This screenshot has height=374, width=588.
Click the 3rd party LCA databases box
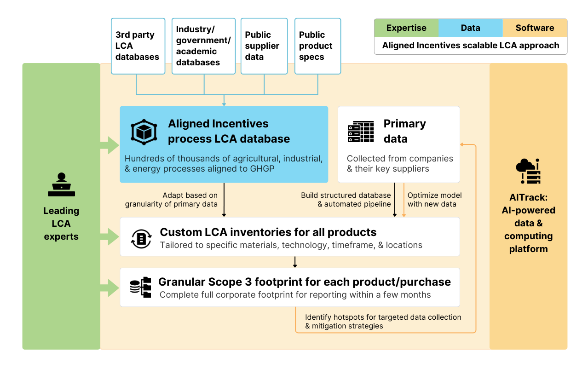(x=138, y=46)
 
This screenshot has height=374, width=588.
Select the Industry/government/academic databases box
(x=203, y=46)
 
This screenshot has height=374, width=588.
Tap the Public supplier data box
(x=264, y=46)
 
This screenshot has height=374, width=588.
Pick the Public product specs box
(x=317, y=46)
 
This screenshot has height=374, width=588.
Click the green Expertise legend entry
(x=406, y=28)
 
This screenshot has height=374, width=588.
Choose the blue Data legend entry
(x=470, y=28)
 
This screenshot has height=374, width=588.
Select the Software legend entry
(x=535, y=28)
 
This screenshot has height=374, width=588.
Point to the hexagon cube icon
(x=144, y=131)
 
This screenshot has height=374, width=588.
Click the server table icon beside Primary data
(x=361, y=132)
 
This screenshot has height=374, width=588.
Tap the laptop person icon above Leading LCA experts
(x=61, y=184)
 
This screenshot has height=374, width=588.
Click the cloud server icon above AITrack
(x=528, y=171)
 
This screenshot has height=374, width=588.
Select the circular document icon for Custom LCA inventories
(x=141, y=238)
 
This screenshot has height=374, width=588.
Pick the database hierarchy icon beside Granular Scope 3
(x=140, y=288)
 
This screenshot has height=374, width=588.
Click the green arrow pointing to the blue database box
(x=110, y=145)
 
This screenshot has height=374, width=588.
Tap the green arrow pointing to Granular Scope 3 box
(x=110, y=288)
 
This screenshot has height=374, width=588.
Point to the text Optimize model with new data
(x=434, y=200)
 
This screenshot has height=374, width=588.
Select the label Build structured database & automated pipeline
(x=346, y=200)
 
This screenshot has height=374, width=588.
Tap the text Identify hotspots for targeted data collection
(x=383, y=317)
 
